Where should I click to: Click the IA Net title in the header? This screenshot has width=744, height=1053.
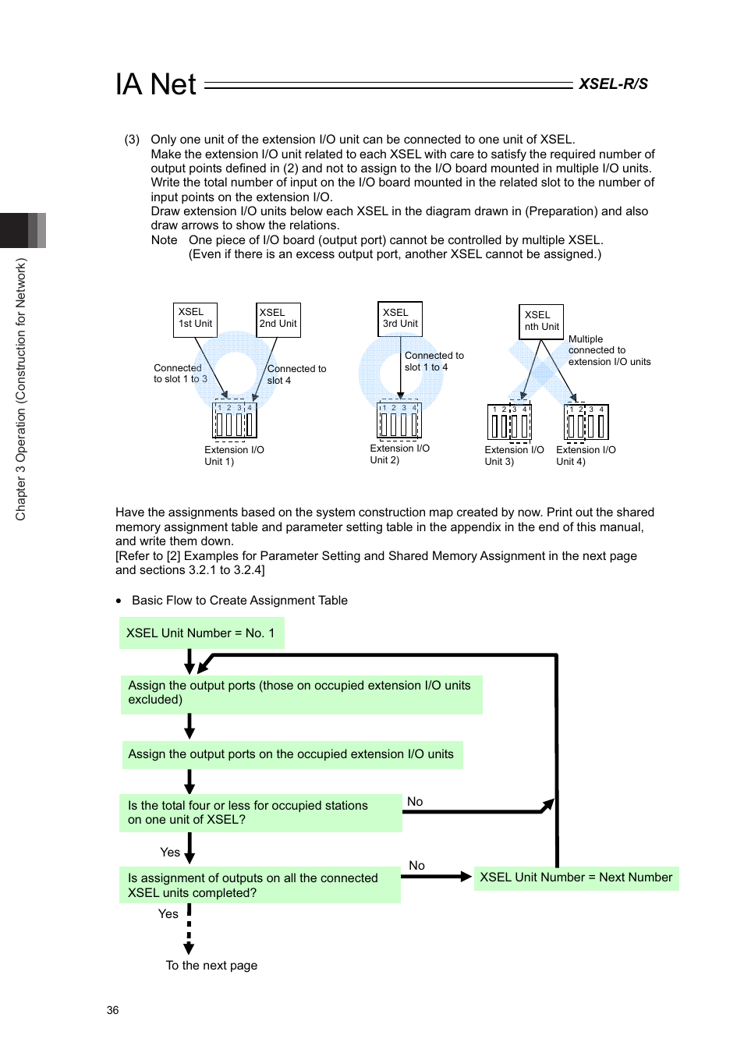pyautogui.click(x=156, y=84)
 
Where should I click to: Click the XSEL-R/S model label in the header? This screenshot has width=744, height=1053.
pyautogui.click(x=613, y=84)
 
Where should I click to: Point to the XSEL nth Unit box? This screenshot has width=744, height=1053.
pyautogui.click(x=541, y=321)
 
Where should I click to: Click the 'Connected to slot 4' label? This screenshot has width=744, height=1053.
pyautogui.click(x=296, y=374)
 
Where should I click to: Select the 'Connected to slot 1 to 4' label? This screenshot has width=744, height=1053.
pyautogui.click(x=434, y=361)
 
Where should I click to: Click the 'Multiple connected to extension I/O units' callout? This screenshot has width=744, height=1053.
pyautogui.click(x=609, y=350)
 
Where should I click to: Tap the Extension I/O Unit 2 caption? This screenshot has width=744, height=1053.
pyautogui.click(x=399, y=454)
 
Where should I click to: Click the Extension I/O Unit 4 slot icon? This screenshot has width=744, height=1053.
pyautogui.click(x=586, y=423)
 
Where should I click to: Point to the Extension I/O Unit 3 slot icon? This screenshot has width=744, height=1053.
pyautogui.click(x=509, y=423)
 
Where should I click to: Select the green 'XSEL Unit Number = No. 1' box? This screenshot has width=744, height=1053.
pyautogui.click(x=201, y=633)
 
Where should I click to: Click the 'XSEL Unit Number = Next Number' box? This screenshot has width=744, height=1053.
pyautogui.click(x=576, y=877)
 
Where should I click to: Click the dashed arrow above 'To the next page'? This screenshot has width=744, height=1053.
pyautogui.click(x=189, y=929)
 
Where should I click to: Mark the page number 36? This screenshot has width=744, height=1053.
pyautogui.click(x=113, y=1010)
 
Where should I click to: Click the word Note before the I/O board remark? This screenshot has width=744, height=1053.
pyautogui.click(x=164, y=240)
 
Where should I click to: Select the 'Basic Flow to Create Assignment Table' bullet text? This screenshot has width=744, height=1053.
pyautogui.click(x=239, y=601)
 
